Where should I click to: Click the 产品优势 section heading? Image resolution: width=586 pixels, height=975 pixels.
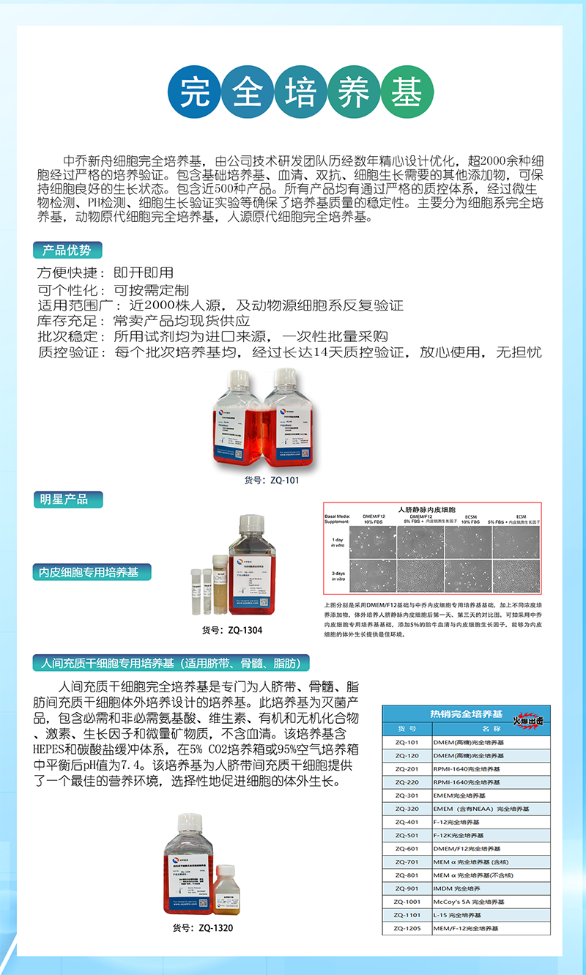(x=67, y=251)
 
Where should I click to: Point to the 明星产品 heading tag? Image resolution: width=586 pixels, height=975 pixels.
(x=67, y=500)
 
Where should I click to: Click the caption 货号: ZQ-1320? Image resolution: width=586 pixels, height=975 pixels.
(x=203, y=927)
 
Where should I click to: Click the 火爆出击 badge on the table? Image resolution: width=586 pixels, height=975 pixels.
(x=528, y=720)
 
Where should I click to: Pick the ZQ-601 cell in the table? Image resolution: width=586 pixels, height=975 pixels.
(x=407, y=849)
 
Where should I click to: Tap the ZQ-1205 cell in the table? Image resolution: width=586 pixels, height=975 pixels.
(x=407, y=928)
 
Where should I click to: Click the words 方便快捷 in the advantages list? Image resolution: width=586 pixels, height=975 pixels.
(x=67, y=273)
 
